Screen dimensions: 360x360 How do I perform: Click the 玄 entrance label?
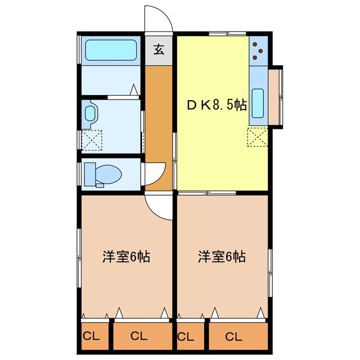[x=159, y=50]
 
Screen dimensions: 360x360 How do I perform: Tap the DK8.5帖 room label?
[x=217, y=105]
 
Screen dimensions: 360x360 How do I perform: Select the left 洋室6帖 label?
[x=126, y=258]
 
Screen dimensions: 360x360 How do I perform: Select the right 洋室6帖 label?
[x=222, y=258]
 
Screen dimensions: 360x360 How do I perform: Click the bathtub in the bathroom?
[x=111, y=51]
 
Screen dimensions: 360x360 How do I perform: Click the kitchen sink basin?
[x=258, y=102]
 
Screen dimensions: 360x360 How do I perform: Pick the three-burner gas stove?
[x=258, y=51]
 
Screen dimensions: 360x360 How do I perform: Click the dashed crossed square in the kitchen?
[x=256, y=137]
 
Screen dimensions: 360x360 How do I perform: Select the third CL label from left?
[x=186, y=336]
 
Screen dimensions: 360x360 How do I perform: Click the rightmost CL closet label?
[x=234, y=336]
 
